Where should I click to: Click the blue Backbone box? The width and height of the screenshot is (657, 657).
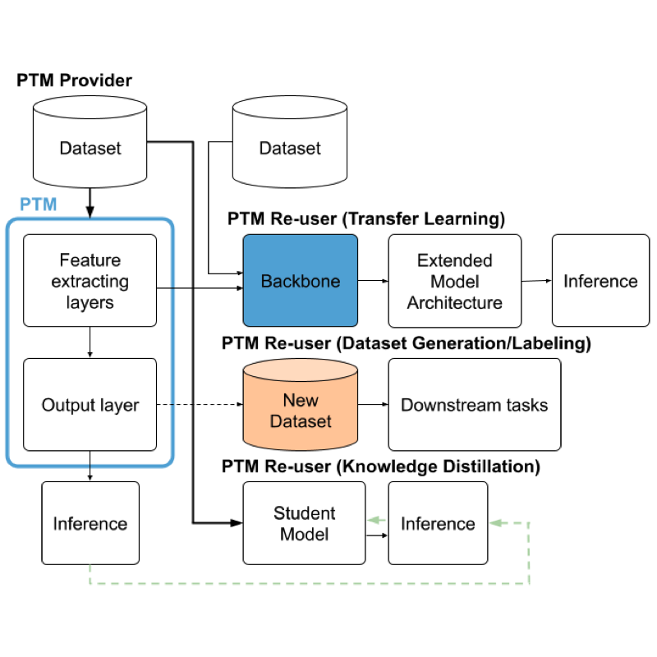tap(300, 281)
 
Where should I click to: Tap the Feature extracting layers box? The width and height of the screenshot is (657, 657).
tap(90, 281)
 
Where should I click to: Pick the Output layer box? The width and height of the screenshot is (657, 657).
tap(90, 405)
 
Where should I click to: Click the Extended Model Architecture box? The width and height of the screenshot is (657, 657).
tap(454, 281)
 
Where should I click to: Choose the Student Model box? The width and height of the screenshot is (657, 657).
tap(304, 523)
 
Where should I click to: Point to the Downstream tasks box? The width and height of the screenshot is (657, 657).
tap(474, 405)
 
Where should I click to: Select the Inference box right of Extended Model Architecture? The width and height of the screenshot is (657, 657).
tap(600, 281)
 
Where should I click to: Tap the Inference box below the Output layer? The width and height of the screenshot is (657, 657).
tap(90, 523)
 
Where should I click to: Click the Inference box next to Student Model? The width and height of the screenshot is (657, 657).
tap(438, 523)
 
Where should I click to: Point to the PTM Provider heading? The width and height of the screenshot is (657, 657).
tap(74, 80)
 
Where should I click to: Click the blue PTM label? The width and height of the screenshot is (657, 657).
tap(39, 204)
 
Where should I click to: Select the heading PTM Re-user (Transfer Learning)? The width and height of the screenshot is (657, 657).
tap(365, 219)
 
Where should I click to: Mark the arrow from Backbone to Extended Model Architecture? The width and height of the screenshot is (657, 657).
tap(373, 281)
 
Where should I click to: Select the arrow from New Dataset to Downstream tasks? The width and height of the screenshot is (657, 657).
tap(374, 405)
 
